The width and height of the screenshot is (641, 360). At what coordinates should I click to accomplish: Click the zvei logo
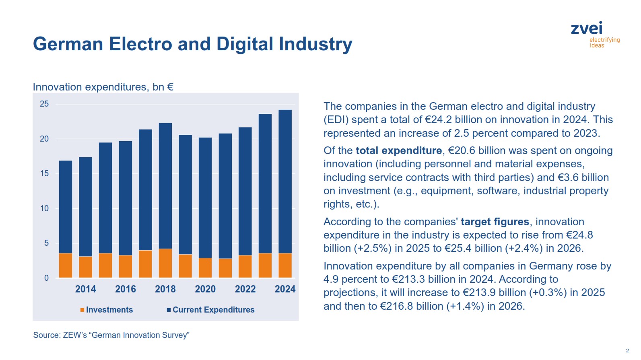click(595, 34)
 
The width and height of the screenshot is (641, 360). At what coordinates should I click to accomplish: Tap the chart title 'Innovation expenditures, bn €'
click(103, 87)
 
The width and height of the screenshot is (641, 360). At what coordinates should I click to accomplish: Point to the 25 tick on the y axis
click(44, 104)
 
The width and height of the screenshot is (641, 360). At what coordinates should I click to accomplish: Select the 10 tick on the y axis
click(44, 208)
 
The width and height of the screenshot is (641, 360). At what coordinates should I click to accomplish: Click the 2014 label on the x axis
click(85, 289)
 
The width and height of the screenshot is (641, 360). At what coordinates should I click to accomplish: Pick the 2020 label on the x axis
click(205, 289)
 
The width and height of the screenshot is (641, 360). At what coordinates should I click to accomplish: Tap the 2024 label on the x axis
click(285, 289)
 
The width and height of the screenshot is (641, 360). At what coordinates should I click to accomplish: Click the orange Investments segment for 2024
click(285, 265)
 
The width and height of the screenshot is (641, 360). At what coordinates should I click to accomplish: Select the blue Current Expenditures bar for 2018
click(165, 185)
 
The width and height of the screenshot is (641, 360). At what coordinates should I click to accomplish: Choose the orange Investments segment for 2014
click(85, 267)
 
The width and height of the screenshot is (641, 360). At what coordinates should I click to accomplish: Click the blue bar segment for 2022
click(245, 191)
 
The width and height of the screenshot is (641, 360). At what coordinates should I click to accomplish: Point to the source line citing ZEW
click(111, 335)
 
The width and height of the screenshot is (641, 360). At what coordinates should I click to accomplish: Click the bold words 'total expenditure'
click(398, 150)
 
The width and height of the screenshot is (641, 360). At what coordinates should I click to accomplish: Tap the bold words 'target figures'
click(495, 222)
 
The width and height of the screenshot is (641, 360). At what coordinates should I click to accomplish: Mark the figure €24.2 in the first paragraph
click(439, 119)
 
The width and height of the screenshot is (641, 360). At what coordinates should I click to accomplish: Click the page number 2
click(627, 350)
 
